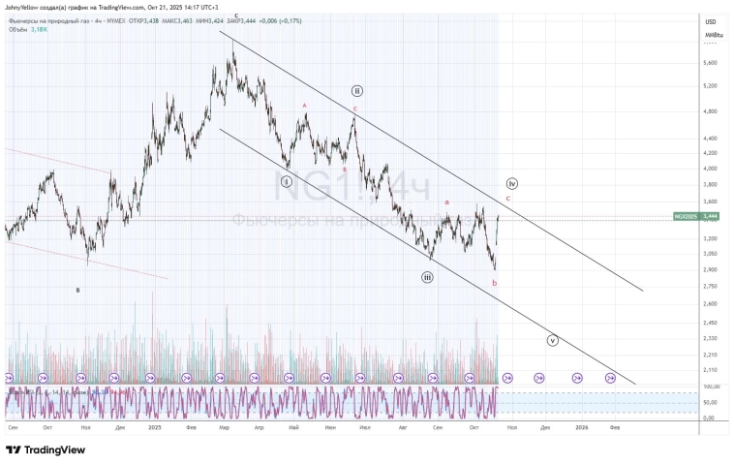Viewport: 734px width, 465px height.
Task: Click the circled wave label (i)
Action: pyautogui.click(x=287, y=181)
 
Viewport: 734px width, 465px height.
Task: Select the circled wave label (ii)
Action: pyautogui.click(x=357, y=91)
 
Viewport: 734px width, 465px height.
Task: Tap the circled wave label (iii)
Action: pyautogui.click(x=427, y=277)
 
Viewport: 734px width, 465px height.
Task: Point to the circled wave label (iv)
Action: pyautogui.click(x=511, y=183)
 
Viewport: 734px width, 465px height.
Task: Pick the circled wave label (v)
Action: pyautogui.click(x=553, y=340)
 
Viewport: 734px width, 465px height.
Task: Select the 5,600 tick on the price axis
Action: pyautogui.click(x=710, y=63)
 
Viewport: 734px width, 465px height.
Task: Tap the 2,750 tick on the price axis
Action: pyautogui.click(x=710, y=287)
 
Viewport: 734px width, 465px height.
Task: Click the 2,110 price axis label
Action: pyautogui.click(x=710, y=370)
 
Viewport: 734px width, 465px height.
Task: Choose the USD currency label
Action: pyautogui.click(x=710, y=22)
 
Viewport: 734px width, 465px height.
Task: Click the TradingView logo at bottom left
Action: pyautogui.click(x=46, y=449)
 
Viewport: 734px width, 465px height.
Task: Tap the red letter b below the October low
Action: pyautogui.click(x=495, y=283)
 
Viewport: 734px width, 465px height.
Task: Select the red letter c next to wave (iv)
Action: pyautogui.click(x=508, y=199)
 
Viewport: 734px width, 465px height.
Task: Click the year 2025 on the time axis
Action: pyautogui.click(x=155, y=425)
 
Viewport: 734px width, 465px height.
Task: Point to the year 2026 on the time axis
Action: pyautogui.click(x=581, y=425)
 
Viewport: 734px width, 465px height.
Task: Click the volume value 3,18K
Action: pyautogui.click(x=39, y=29)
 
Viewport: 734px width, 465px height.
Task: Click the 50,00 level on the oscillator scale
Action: pyautogui.click(x=710, y=402)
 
